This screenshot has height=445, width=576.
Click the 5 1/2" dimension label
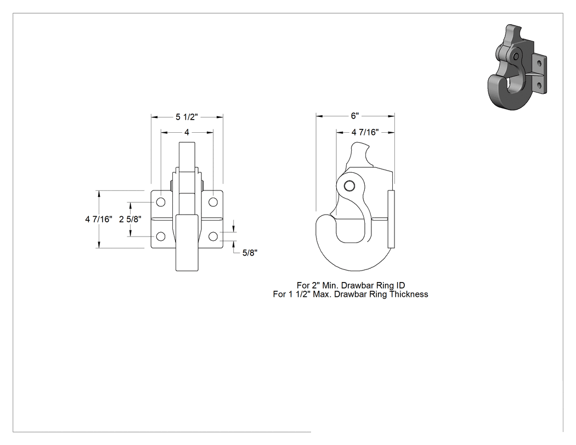(187, 117)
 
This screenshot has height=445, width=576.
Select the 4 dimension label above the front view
(187, 132)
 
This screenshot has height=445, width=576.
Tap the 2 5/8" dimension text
(130, 219)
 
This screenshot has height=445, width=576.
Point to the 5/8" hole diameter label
(250, 253)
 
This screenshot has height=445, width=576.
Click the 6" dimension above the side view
(354, 116)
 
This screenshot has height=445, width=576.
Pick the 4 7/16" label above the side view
(365, 132)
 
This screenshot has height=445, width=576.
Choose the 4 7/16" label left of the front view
(99, 219)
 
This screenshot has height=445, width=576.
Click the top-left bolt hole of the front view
(161, 202)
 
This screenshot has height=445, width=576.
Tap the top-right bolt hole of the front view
(213, 202)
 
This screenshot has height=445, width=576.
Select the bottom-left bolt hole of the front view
(161, 236)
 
